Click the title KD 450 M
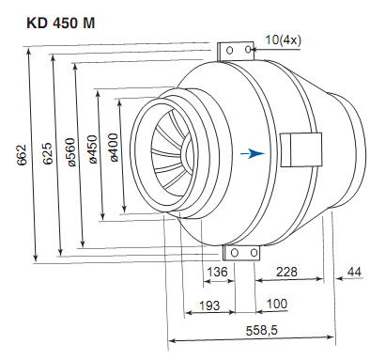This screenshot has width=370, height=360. point(60,23)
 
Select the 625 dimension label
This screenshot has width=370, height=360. point(48,153)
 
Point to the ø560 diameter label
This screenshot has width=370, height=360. point(70,152)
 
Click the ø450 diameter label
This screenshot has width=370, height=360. point(93,149)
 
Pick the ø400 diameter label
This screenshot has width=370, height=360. point(114,148)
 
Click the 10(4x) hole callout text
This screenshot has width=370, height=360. point(284,40)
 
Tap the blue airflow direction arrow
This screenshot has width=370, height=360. point(253,153)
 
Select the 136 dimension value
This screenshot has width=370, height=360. point(218,272)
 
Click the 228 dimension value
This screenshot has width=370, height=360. point(286,272)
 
